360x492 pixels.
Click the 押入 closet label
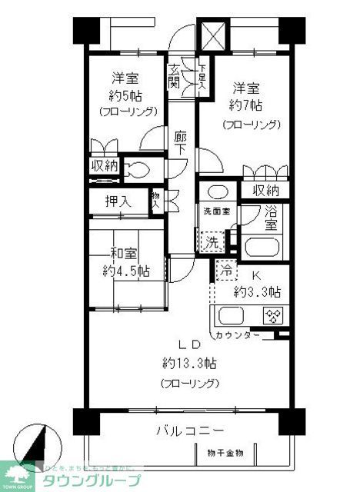pyautogui.click(x=118, y=201)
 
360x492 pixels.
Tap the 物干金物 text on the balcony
pyautogui.click(x=225, y=453)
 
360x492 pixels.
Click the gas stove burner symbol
pyautogui.click(x=273, y=316)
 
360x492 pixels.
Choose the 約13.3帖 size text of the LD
pyautogui.click(x=189, y=362)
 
